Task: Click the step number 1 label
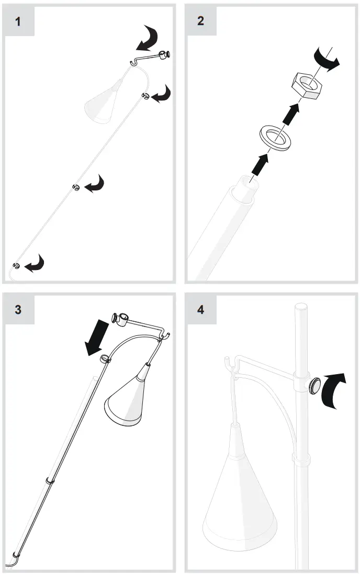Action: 18,22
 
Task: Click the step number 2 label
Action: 201,22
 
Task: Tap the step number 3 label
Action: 18,309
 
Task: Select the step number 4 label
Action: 201,309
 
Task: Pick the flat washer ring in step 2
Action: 275,137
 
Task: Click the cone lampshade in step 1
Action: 103,103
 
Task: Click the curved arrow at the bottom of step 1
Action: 35,264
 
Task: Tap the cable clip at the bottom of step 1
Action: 16,266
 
